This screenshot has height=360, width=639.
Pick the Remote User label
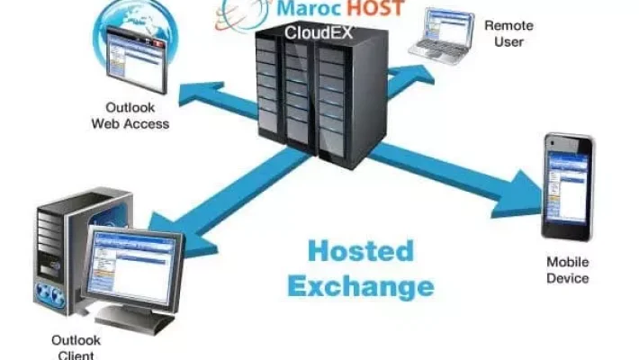click(x=508, y=33)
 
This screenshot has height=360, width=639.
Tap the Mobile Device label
click(x=567, y=270)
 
